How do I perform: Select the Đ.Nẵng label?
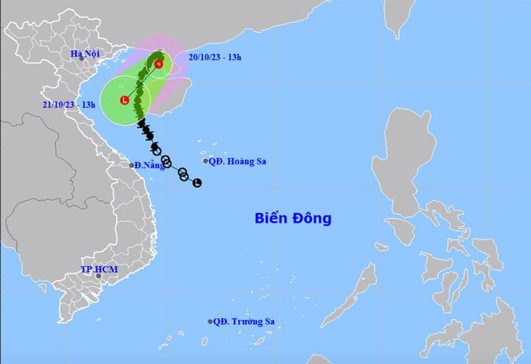click(150, 165)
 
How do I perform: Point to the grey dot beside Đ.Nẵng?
click(132, 165)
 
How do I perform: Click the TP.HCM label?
click(99, 270)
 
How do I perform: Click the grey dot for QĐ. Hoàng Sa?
click(206, 161)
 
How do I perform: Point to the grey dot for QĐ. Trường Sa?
click(210, 321)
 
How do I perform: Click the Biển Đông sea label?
click(293, 218)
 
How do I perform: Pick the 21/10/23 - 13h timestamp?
click(69, 105)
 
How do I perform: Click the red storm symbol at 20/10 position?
click(159, 65)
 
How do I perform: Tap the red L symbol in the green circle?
click(124, 99)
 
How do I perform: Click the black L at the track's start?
click(197, 183)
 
